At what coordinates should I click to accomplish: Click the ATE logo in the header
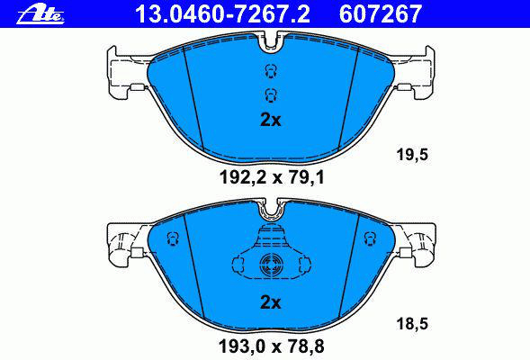tap(40, 15)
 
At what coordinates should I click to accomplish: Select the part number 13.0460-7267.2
tap(222, 13)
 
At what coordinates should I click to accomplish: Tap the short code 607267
tap(381, 13)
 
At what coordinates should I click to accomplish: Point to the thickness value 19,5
tap(412, 155)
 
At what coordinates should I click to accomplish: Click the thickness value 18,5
tap(412, 324)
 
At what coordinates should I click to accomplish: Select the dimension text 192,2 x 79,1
tap(272, 177)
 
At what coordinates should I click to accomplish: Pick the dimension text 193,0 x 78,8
tap(272, 346)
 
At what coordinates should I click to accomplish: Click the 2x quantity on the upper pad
tap(271, 120)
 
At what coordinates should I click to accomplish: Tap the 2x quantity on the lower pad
tap(271, 302)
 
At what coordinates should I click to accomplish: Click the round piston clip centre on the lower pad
tap(271, 264)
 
